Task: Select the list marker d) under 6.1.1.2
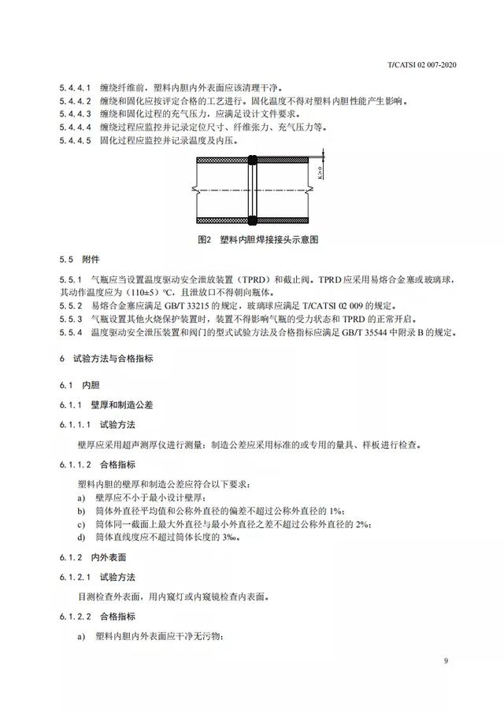click(81, 536)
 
